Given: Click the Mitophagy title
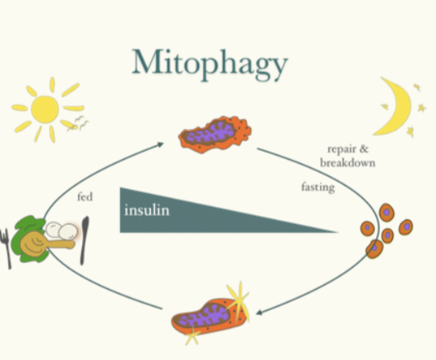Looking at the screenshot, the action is (210, 65).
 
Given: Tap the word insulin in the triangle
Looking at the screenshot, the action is (147, 210).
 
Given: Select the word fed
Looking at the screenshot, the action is (85, 197).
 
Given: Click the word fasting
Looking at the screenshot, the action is (317, 187).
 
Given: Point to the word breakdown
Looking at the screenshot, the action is (347, 163).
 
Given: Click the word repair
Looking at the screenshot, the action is (341, 149).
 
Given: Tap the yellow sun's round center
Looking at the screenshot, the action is (45, 109).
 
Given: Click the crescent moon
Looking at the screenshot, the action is (395, 106).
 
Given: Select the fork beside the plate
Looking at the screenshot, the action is (6, 248).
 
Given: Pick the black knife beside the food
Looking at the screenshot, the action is (84, 240).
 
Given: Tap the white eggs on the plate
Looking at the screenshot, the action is (61, 231).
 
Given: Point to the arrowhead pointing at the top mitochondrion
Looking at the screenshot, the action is (161, 144).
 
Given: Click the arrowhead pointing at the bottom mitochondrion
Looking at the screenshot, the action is (259, 313).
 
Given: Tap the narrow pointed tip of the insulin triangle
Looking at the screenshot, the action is (337, 231).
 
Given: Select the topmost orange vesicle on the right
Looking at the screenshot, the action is (386, 212).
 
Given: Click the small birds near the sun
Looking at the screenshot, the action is (80, 124).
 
